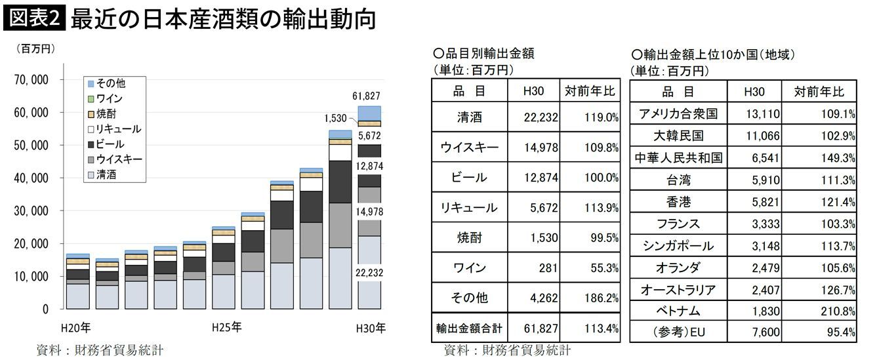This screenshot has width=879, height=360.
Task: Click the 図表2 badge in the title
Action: coord(33,18)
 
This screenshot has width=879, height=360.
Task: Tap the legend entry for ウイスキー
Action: coord(119,159)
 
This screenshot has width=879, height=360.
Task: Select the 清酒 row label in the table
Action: coord(469,118)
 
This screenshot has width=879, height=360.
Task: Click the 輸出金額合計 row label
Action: coord(469,327)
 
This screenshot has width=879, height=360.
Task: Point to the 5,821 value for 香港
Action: coord(764,201)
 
